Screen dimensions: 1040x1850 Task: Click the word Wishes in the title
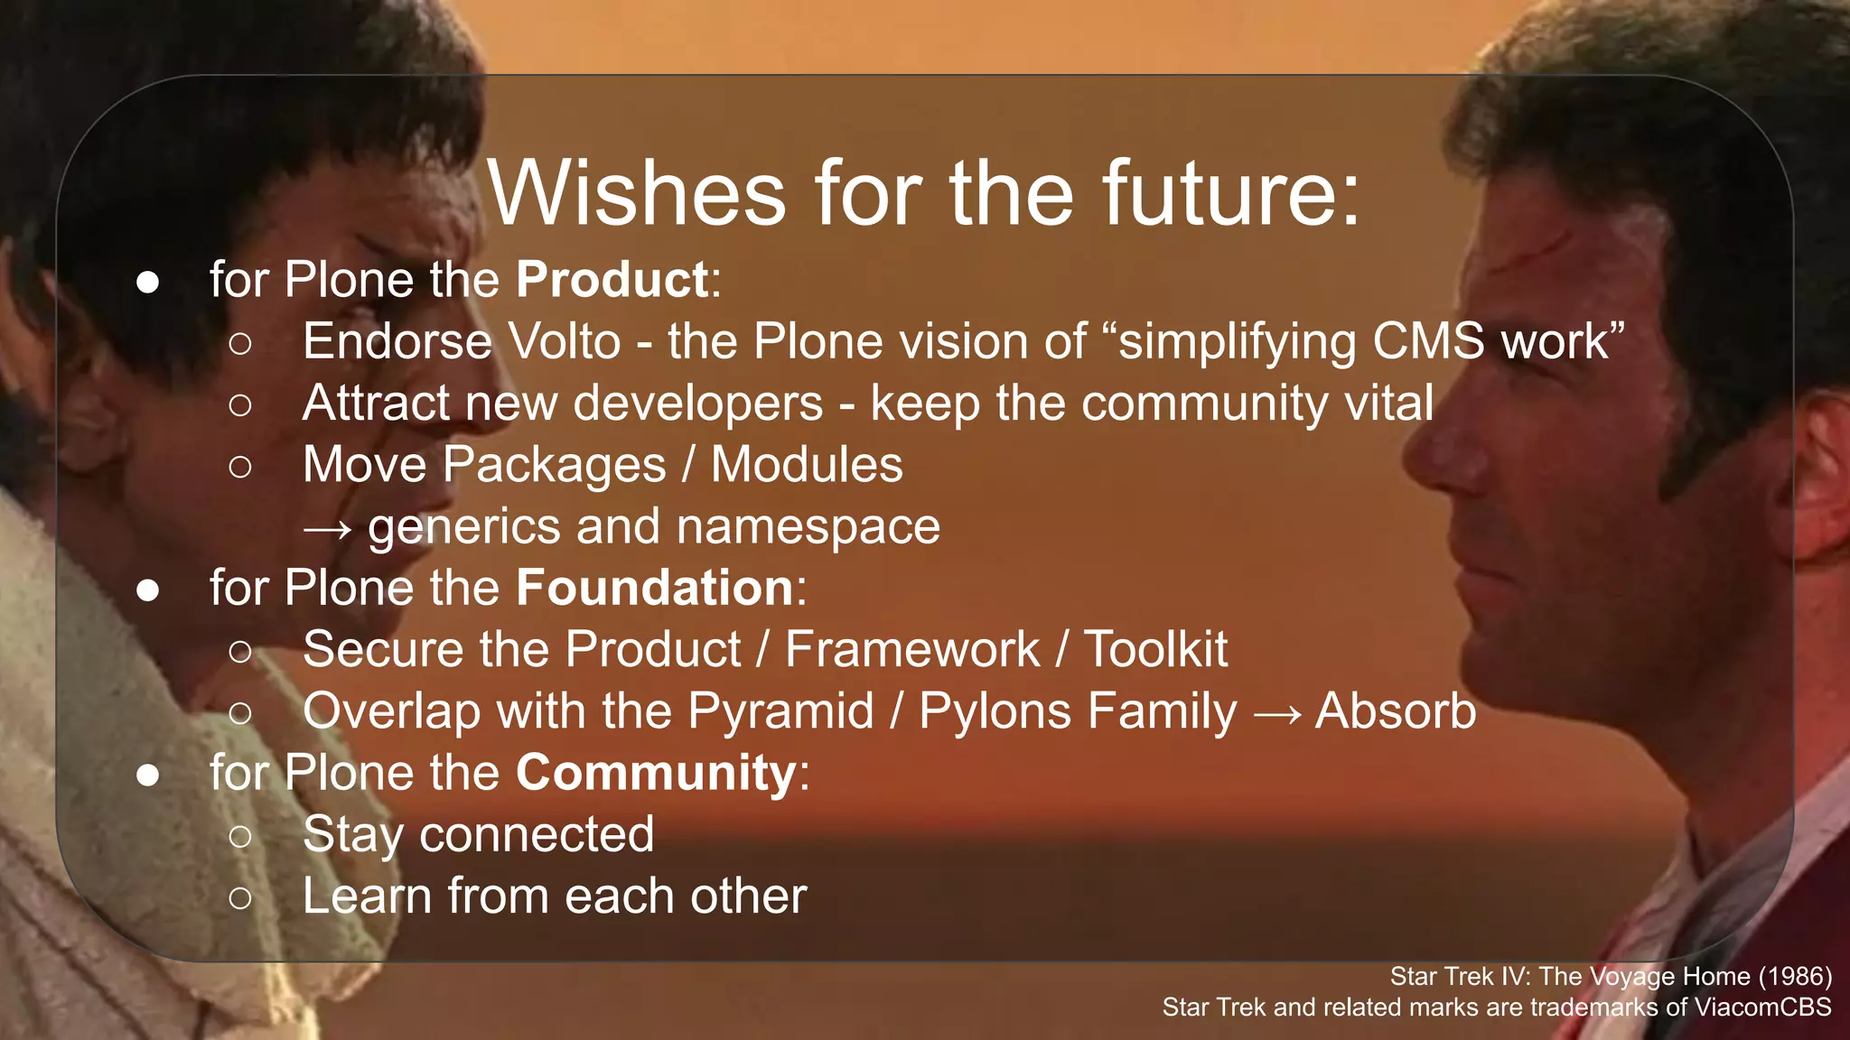click(637, 193)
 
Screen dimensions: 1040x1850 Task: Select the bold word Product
click(612, 280)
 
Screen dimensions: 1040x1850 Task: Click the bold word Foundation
click(655, 589)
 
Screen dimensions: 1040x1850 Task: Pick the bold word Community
click(656, 774)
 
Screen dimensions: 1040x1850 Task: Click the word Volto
click(565, 342)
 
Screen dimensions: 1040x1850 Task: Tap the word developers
click(698, 404)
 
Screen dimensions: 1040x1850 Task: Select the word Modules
click(807, 466)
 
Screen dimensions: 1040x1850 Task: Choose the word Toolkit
click(1155, 650)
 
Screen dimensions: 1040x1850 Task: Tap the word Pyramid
click(780, 711)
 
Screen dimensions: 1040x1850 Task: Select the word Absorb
click(1396, 711)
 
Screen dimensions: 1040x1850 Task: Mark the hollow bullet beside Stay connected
click(240, 836)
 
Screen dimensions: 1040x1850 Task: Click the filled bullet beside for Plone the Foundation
click(148, 590)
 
